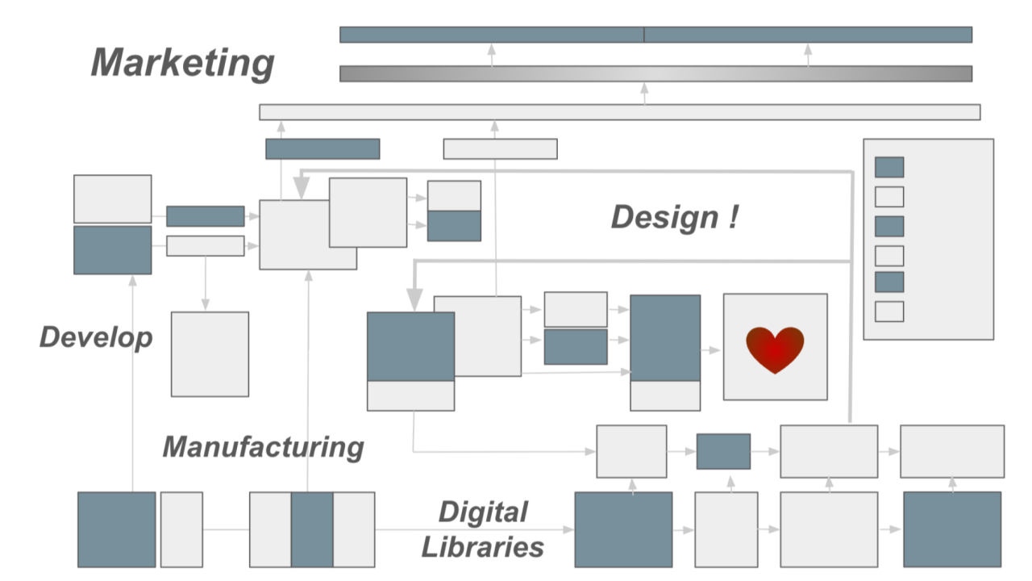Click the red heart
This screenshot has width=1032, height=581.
[x=775, y=349]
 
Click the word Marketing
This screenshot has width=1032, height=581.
[x=183, y=63]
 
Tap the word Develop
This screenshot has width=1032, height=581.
[x=96, y=337]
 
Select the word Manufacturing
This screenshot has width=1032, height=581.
[x=263, y=446]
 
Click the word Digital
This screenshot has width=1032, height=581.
[x=484, y=512]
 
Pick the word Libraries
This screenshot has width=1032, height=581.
[x=483, y=547]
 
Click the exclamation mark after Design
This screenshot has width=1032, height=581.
[x=732, y=216]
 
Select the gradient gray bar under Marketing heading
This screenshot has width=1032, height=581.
[x=655, y=73]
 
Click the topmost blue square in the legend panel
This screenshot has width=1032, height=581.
[x=889, y=167]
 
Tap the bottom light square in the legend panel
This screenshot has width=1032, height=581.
[x=889, y=311]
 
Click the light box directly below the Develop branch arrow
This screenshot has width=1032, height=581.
[x=210, y=354]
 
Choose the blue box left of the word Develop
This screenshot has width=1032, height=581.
[x=113, y=250]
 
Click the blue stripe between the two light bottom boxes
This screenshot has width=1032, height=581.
[x=312, y=529]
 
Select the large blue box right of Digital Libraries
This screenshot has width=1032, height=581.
[x=623, y=529]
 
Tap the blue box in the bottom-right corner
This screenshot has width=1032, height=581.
[x=952, y=529]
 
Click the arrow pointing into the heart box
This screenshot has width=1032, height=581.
[x=711, y=350]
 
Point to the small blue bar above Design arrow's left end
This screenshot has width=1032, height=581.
[x=322, y=149]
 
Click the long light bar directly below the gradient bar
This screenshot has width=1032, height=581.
[x=619, y=112]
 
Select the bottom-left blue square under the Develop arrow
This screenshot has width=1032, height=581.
[x=117, y=529]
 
